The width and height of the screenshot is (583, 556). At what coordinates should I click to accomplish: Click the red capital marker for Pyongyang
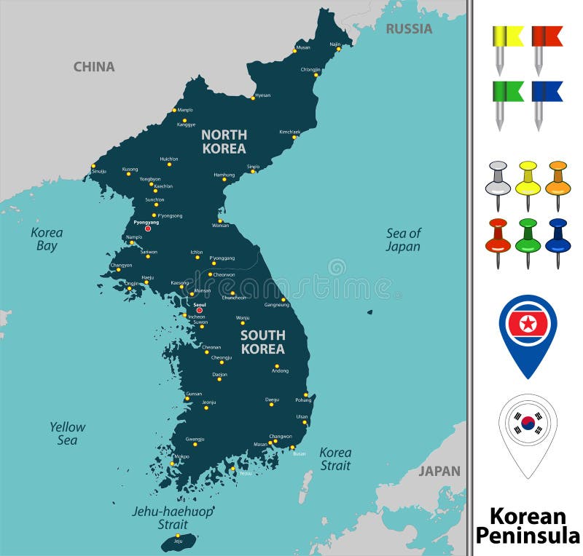pyautogui.click(x=148, y=229)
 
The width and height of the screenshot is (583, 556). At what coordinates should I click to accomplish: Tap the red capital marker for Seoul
pyautogui.click(x=199, y=311)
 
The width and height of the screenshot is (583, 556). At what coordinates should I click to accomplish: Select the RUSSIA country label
pyautogui.click(x=409, y=29)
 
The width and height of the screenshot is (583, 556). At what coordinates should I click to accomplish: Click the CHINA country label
pyautogui.click(x=94, y=67)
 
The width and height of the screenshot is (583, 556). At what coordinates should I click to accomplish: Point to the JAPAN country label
pyautogui.click(x=439, y=471)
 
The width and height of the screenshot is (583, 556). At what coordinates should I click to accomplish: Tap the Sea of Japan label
pyautogui.click(x=403, y=240)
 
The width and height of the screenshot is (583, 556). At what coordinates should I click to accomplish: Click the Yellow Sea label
pyautogui.click(x=67, y=434)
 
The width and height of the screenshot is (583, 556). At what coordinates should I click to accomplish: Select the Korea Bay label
pyautogui.click(x=47, y=239)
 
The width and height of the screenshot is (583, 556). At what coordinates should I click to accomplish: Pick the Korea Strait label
pyautogui.click(x=335, y=459)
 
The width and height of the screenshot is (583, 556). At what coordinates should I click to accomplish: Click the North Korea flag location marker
pyautogui.click(x=528, y=327)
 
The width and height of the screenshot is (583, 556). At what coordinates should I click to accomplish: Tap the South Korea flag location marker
pyautogui.click(x=528, y=425)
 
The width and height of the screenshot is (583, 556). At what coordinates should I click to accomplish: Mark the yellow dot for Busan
pyautogui.click(x=292, y=448)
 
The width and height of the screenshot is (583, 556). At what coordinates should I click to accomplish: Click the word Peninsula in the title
pyautogui.click(x=528, y=536)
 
